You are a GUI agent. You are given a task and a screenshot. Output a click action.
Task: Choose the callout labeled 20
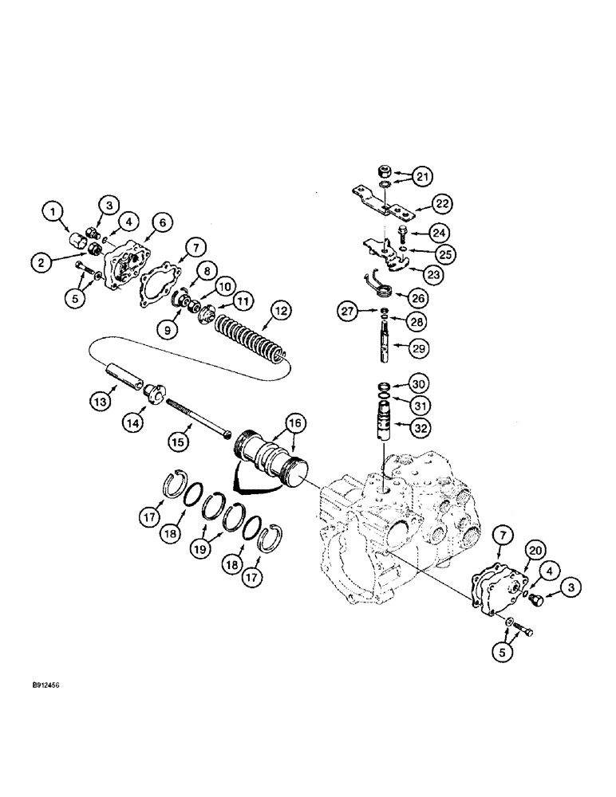(x=535, y=550)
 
